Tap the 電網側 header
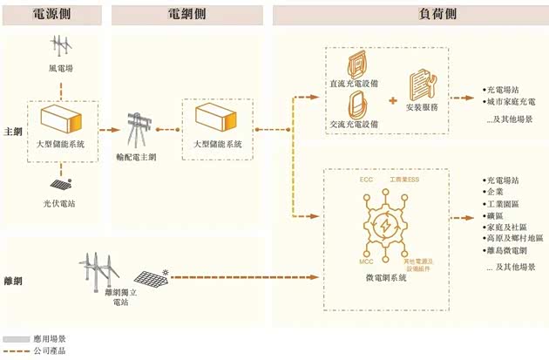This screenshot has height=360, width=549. tap(189, 15)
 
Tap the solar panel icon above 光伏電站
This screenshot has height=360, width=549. tap(60, 185)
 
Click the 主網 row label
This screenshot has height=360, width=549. tap(12, 131)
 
